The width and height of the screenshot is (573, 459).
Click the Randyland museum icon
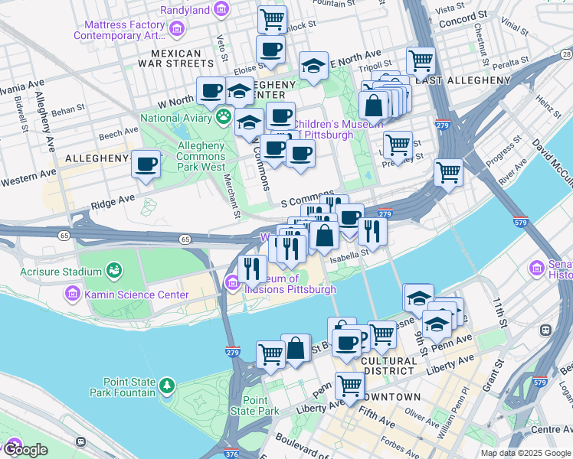click(221, 10)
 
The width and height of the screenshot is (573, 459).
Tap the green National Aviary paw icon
click(223, 117)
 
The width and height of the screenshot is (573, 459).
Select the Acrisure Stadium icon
click(114, 270)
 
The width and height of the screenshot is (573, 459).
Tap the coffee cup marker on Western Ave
click(146, 164)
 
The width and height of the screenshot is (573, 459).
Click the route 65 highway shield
click(185, 239)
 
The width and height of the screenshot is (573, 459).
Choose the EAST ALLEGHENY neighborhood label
click(463, 80)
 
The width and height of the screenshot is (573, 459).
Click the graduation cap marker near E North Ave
click(313, 67)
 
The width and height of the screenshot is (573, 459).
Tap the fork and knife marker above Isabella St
click(372, 229)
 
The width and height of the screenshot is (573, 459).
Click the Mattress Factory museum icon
click(177, 30)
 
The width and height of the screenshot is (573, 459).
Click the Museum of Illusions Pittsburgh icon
click(233, 285)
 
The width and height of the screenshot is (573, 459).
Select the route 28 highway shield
click(565, 54)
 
